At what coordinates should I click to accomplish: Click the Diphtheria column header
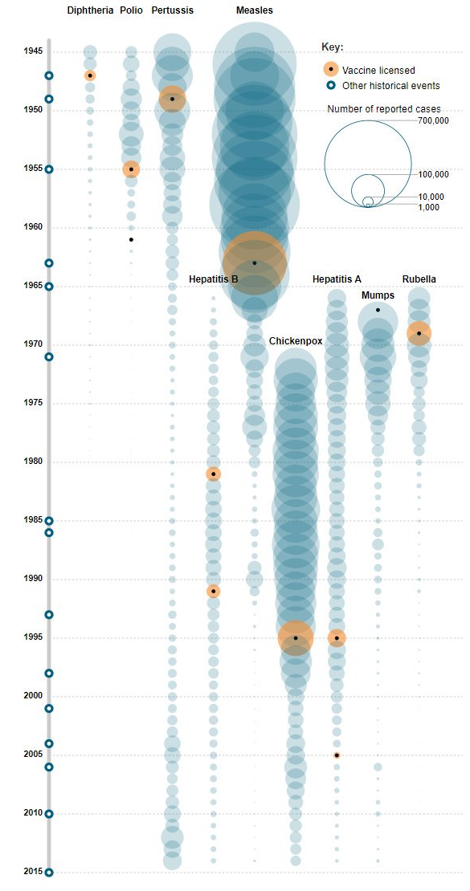tap(90, 10)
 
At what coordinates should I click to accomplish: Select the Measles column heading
tap(254, 10)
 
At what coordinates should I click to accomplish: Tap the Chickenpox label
tap(296, 341)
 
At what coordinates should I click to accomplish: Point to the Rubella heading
tap(419, 279)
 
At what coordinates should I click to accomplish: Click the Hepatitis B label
tap(213, 279)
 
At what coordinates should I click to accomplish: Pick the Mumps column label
tap(378, 295)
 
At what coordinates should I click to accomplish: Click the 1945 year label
tap(33, 51)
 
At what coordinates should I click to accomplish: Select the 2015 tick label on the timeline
tap(33, 872)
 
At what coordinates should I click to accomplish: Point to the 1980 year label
tap(33, 462)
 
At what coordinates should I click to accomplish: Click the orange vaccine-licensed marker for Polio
tap(131, 169)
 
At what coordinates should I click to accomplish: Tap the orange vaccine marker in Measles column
tap(254, 262)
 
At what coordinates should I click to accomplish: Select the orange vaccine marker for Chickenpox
tap(296, 638)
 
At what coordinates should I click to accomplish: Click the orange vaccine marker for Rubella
tap(419, 332)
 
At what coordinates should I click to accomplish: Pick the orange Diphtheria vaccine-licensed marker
tap(90, 75)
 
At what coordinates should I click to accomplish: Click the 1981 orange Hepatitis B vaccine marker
tap(213, 474)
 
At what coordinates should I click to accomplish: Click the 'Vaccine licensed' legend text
tap(378, 71)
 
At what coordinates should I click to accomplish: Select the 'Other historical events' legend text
tap(390, 86)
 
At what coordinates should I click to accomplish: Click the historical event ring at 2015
tap(49, 872)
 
